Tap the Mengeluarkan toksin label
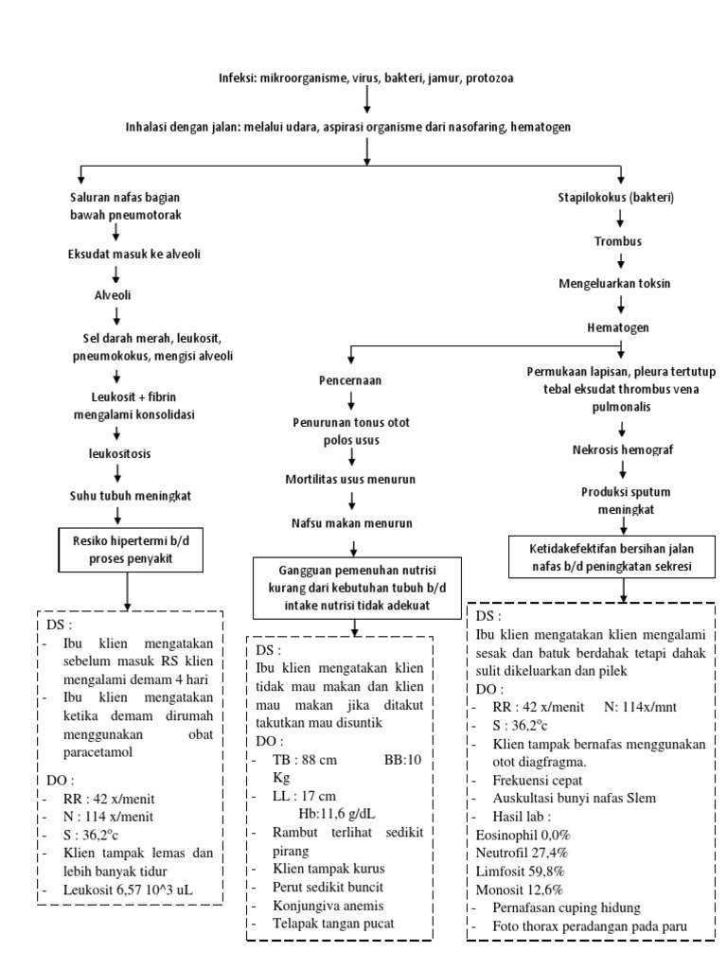tap(620, 283)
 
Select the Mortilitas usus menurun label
tap(351, 480)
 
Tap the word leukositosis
tap(115, 453)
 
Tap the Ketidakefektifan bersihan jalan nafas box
tap(624, 556)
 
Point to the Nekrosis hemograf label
tap(620, 449)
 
